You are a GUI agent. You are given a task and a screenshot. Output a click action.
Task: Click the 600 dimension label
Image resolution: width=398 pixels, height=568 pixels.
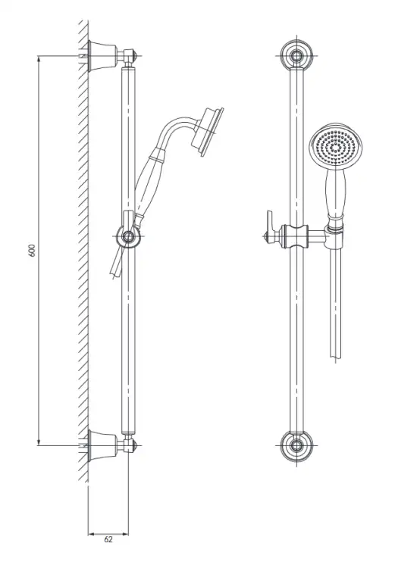[33, 251]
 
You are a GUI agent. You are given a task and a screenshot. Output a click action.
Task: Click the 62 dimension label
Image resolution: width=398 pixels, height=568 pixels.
[108, 540]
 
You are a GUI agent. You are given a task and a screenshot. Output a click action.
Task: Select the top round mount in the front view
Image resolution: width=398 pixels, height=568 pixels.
[297, 56]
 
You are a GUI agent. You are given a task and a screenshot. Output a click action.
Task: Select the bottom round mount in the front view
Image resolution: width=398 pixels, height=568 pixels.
[297, 446]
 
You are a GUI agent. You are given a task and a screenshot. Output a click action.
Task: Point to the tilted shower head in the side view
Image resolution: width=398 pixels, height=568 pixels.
[208, 132]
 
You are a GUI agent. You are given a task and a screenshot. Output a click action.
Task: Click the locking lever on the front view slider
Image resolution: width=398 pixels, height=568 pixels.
[269, 226]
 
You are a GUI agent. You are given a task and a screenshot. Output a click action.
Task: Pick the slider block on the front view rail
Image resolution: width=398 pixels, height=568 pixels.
[295, 236]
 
